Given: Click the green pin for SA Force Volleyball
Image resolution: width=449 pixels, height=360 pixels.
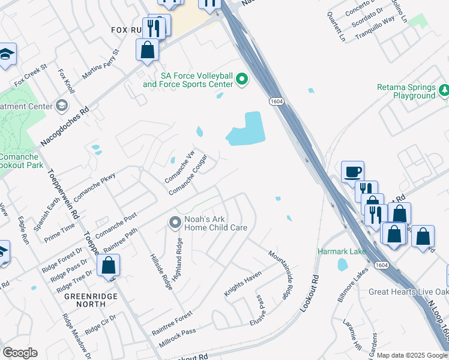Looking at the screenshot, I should coord(242,79).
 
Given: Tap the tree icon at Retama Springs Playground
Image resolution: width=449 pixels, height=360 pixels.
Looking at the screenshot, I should coord(444,91).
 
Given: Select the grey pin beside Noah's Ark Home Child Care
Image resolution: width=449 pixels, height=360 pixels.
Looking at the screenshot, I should coord(175,223).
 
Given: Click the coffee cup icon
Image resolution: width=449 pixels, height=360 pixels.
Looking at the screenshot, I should coord(352,172).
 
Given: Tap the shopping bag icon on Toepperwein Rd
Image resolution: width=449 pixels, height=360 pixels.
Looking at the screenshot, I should coord(109,265).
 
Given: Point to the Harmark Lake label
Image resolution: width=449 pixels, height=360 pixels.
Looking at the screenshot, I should coord(342,251).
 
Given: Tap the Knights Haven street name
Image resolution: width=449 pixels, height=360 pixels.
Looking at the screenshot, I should coord(243,284).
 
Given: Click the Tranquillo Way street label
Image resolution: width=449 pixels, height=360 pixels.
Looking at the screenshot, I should coord(375,28).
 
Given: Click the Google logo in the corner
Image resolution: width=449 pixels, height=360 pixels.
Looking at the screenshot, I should coord(19,353).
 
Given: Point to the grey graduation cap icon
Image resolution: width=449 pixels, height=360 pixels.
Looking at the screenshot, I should coord(61,106).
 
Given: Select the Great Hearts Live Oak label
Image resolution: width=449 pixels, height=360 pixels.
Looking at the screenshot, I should coord(408,292).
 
